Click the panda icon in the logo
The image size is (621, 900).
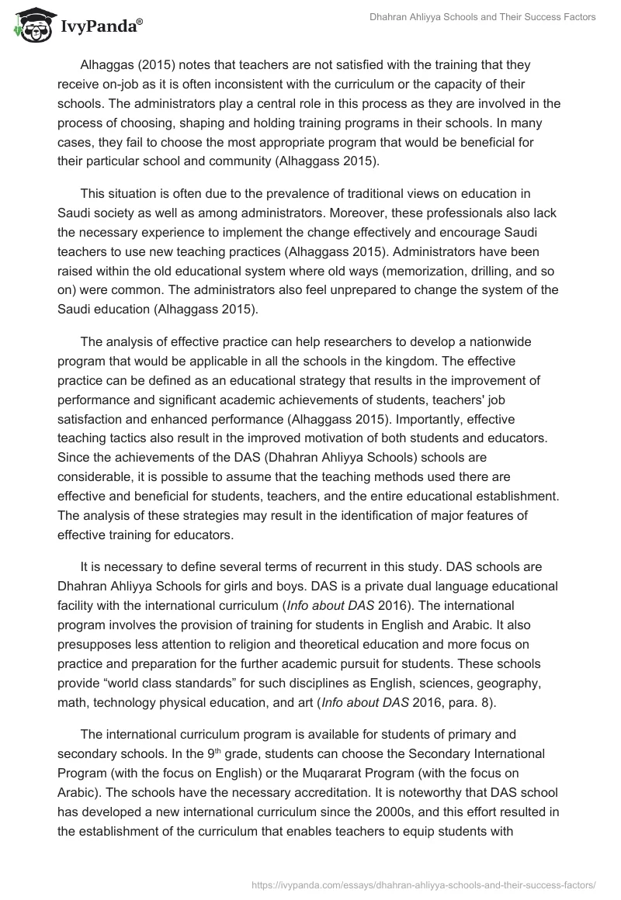click(29, 26)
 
